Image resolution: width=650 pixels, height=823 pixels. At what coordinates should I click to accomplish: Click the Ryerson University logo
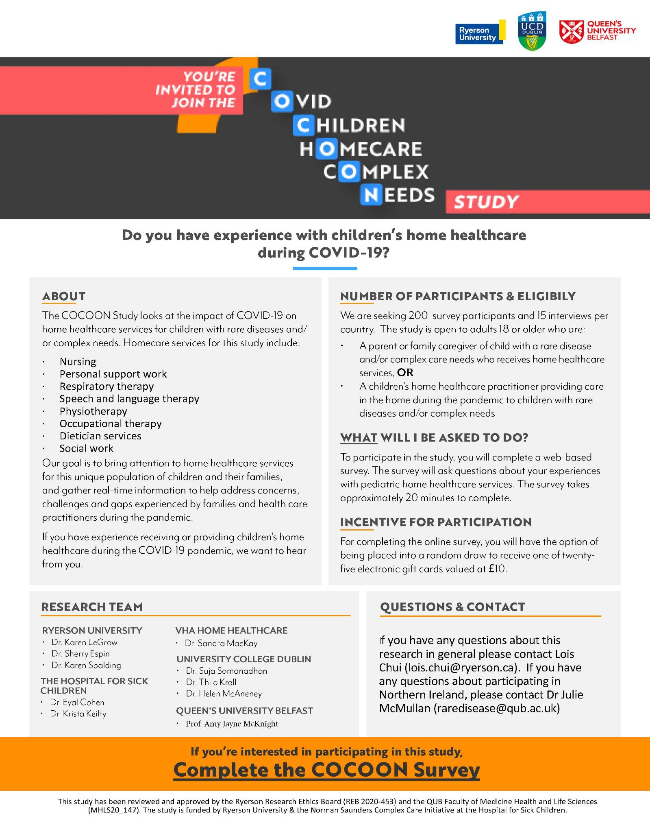click(480, 32)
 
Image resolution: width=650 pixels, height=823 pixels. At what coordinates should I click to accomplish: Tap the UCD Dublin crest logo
click(532, 31)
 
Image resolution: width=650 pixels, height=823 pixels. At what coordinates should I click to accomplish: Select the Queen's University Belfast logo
click(597, 31)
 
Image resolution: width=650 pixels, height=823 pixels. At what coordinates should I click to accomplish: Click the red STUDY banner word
click(486, 202)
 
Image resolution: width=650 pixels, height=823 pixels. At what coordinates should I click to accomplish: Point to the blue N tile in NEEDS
click(370, 195)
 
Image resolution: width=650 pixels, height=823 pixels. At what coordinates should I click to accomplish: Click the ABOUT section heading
click(64, 296)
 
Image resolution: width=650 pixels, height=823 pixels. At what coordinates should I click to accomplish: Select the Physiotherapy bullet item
click(93, 411)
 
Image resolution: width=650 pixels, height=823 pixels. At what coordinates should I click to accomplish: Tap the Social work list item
click(86, 448)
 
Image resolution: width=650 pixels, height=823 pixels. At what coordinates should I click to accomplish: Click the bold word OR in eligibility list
click(405, 373)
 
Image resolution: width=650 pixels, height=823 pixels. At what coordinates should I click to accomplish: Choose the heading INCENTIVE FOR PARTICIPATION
click(435, 522)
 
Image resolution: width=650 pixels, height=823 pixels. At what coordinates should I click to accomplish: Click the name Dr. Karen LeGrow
click(84, 642)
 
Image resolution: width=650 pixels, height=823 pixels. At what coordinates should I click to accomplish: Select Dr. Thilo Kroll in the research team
click(211, 682)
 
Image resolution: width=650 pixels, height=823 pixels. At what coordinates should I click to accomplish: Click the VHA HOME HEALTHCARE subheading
click(231, 631)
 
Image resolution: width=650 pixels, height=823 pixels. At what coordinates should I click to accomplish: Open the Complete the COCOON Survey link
click(326, 770)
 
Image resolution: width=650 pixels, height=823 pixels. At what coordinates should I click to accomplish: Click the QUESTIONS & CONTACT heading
click(452, 607)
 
